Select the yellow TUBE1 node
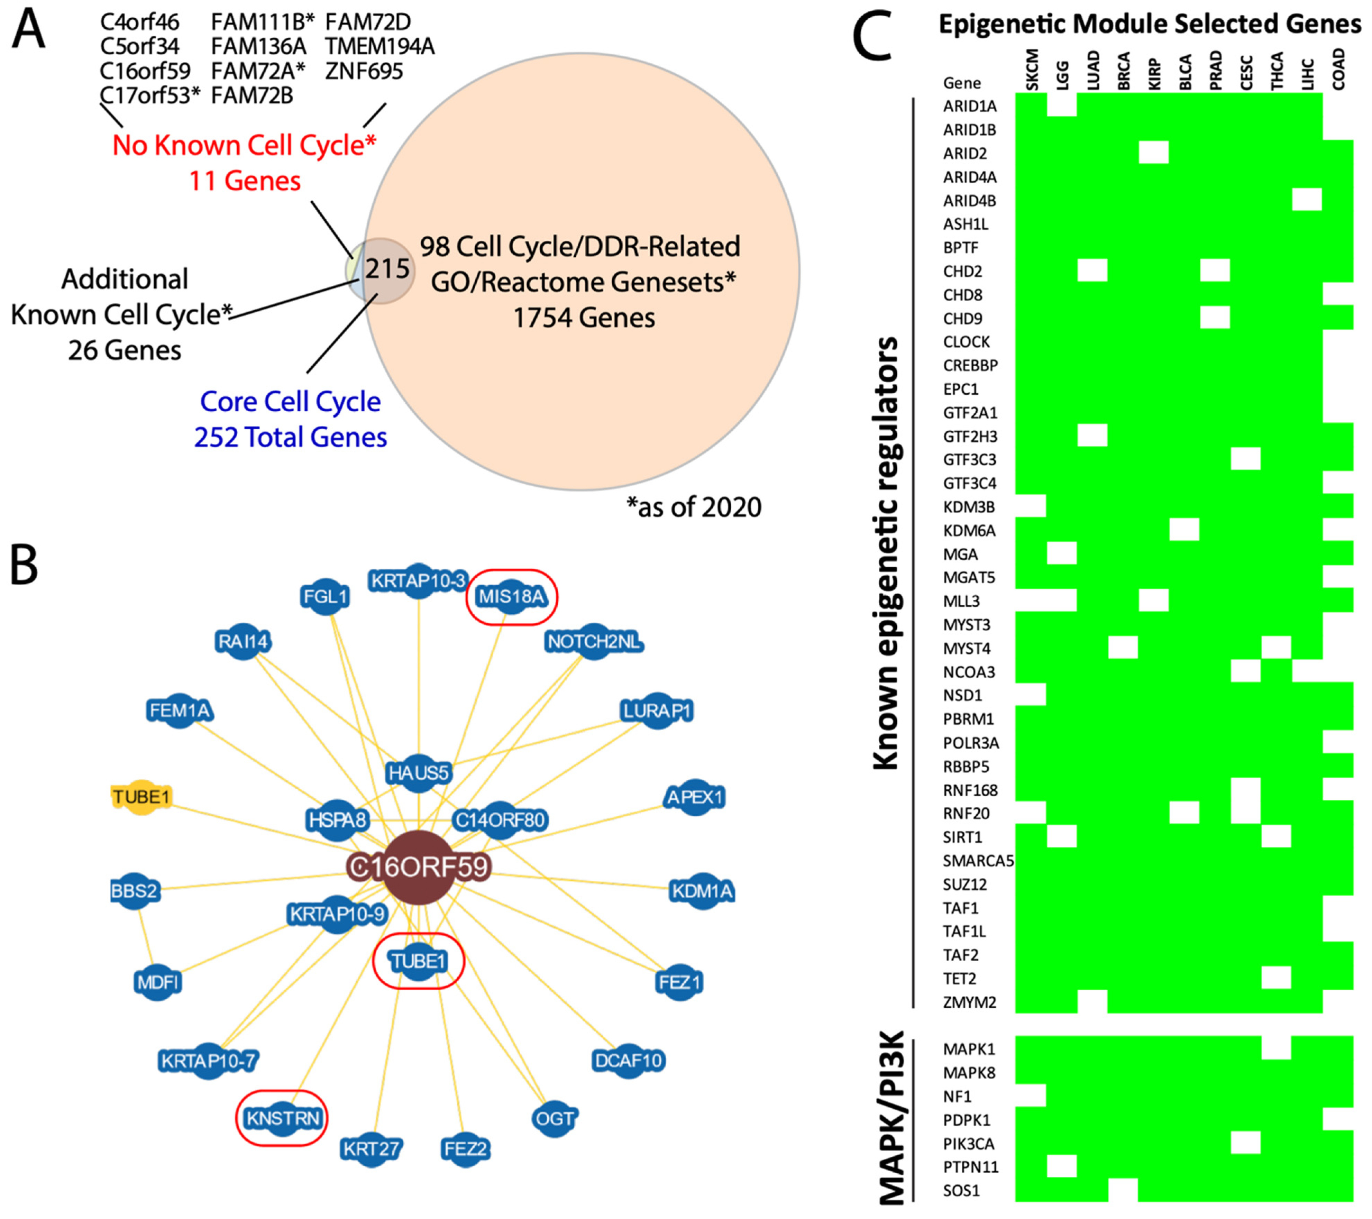141,797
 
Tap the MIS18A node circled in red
512,596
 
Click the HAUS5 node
418,773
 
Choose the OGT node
555,1118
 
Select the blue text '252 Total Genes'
291,437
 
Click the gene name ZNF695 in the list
364,71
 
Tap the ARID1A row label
969,106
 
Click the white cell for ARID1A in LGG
1062,106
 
